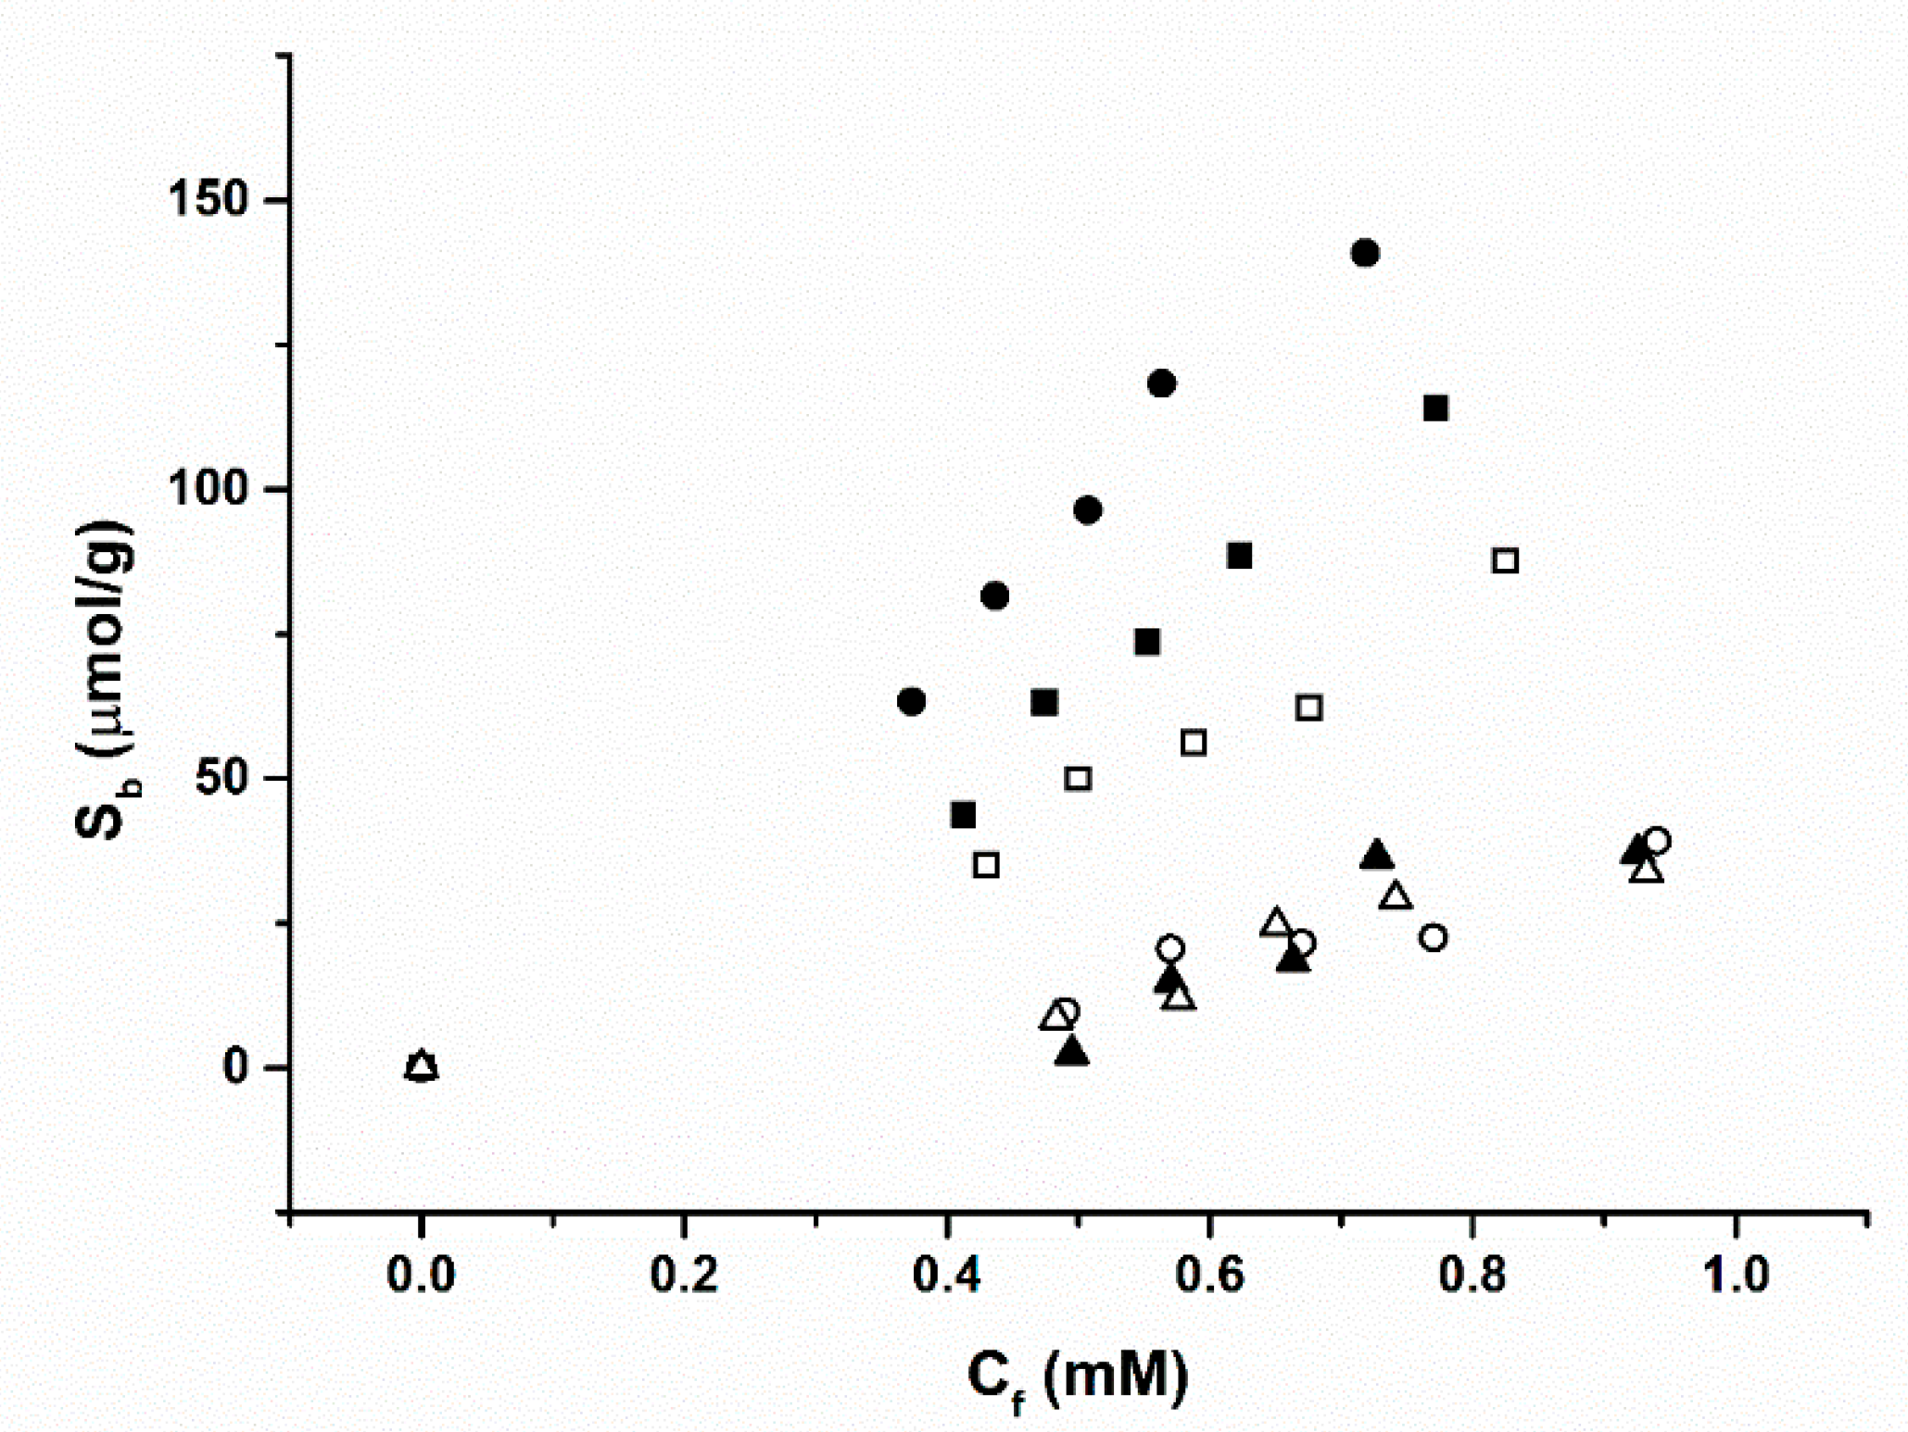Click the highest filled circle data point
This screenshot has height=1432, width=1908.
click(1364, 253)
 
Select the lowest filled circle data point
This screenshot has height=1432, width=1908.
click(911, 701)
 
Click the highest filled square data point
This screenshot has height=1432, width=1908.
click(1435, 408)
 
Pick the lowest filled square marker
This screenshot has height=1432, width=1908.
click(963, 815)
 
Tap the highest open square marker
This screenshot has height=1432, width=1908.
click(1505, 560)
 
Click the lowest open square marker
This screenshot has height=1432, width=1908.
click(986, 865)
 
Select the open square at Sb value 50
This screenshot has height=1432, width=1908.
click(1077, 778)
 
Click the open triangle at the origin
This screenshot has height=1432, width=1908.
click(422, 1065)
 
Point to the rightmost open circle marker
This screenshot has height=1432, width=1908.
click(1658, 841)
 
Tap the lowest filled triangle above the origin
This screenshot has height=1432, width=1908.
click(1072, 1051)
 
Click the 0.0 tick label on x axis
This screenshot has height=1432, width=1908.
click(421, 1275)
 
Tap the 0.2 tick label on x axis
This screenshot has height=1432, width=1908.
click(684, 1275)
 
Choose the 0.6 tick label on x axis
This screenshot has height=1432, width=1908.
click(1209, 1275)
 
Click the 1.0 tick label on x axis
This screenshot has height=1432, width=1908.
click(1736, 1275)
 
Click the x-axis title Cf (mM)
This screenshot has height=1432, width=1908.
click(1077, 1377)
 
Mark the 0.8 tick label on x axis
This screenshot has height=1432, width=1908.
click(1472, 1275)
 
